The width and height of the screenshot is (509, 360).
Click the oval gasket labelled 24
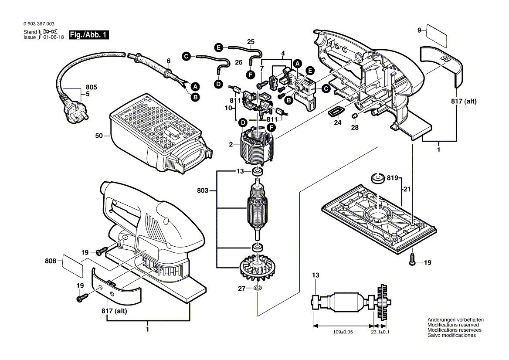pyautogui.click(x=335, y=112)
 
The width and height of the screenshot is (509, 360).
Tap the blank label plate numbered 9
pyautogui.click(x=436, y=36)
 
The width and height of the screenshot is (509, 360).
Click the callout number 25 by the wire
pyautogui.click(x=250, y=42)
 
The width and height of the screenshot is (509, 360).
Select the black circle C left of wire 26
pyautogui.click(x=186, y=56)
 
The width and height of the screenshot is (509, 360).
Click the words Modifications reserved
pyautogui.click(x=453, y=325)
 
